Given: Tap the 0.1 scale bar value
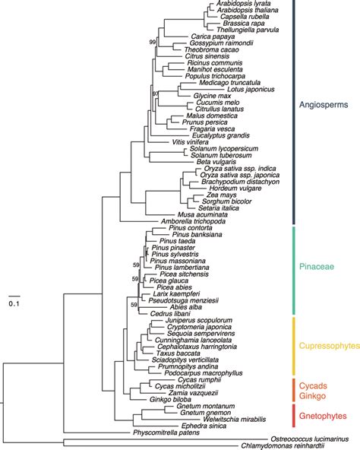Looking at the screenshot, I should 14,303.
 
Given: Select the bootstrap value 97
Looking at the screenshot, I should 155,93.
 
